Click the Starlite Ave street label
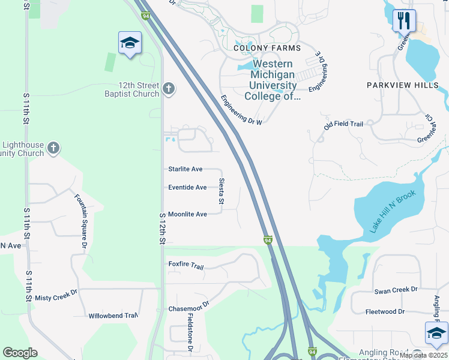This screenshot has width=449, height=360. click(185, 170)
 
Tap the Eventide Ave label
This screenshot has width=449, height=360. click(187, 188)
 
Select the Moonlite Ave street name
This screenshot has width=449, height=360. click(187, 214)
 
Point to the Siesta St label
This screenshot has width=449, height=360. click(221, 191)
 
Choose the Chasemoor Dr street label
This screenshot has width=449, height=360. click(188, 307)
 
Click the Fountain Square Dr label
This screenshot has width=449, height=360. click(81, 221)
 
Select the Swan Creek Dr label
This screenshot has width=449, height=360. click(396, 290)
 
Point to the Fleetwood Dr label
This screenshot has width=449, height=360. click(385, 312)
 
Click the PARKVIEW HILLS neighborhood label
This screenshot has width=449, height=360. click(403, 86)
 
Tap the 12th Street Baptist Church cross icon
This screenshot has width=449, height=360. click(169, 90)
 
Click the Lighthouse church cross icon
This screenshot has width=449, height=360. click(53, 148)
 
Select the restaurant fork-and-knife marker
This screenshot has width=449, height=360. click(404, 20)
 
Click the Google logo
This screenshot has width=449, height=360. click(20, 353)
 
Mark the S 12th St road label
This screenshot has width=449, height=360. click(162, 228)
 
